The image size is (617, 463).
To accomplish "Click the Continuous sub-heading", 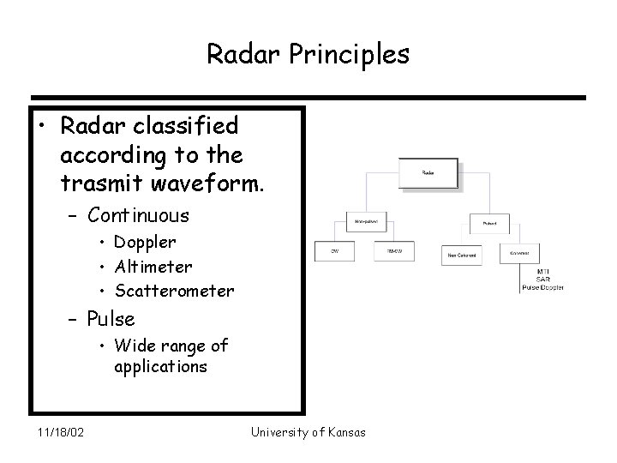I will click(x=139, y=214).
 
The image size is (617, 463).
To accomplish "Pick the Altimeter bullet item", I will click(x=153, y=267).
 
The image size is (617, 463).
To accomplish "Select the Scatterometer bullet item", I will click(x=174, y=291).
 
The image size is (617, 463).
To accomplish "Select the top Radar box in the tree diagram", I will click(x=428, y=173).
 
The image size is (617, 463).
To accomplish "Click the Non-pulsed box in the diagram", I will click(x=368, y=221).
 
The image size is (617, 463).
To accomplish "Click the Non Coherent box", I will click(x=462, y=254).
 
